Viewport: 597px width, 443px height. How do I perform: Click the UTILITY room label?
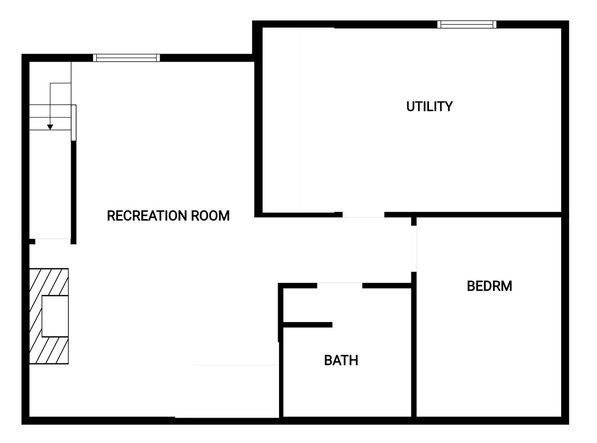click(429, 107)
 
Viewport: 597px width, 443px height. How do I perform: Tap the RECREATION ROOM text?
click(168, 216)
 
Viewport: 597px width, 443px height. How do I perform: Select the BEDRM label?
click(490, 286)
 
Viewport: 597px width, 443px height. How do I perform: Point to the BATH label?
click(341, 360)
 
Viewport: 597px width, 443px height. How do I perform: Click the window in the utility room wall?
click(467, 24)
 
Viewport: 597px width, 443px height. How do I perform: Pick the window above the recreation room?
click(126, 58)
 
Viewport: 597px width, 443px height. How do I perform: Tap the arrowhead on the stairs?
click(50, 127)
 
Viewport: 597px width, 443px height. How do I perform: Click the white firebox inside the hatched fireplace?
click(55, 316)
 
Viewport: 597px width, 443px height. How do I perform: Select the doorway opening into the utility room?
click(363, 215)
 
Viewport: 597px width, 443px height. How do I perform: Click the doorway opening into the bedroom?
click(414, 248)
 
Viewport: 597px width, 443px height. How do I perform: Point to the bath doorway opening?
click(340, 286)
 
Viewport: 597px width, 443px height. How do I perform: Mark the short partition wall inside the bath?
click(307, 325)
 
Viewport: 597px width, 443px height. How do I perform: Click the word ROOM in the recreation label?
click(210, 216)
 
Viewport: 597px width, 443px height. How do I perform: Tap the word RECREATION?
click(147, 216)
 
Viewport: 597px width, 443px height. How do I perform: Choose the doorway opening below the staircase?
click(53, 241)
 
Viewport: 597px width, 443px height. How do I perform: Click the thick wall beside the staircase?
click(74, 192)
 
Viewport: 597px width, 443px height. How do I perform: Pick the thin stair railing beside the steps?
click(74, 122)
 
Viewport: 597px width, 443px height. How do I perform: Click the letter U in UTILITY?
click(410, 107)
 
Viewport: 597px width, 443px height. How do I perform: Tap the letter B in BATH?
click(328, 360)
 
